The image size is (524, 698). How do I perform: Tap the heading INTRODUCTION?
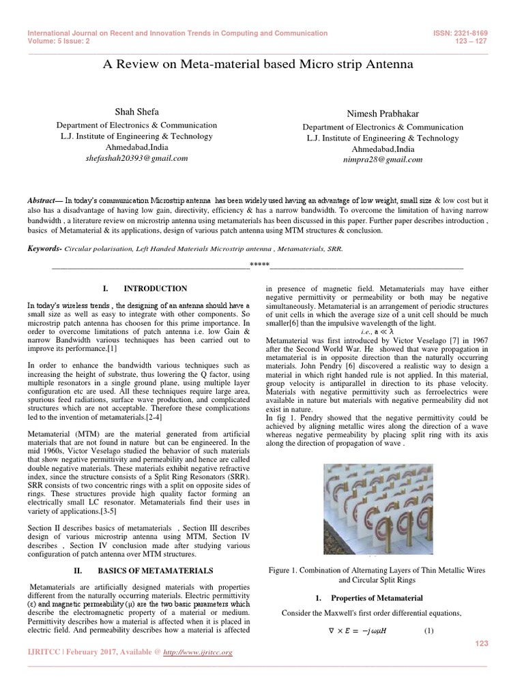click(155, 289)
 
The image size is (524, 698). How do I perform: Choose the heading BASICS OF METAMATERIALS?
click(155, 570)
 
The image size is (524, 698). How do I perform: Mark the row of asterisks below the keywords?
click(259, 264)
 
